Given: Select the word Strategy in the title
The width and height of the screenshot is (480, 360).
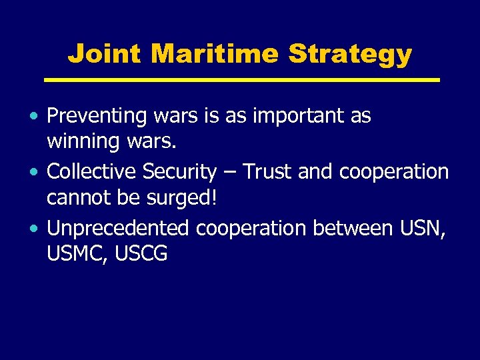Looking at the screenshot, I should [x=350, y=54].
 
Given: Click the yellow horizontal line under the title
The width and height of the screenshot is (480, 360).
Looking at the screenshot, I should [x=241, y=80].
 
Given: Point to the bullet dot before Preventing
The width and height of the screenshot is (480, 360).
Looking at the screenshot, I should [x=35, y=117].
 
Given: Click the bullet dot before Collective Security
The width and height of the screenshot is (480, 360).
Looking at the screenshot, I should [x=35, y=173].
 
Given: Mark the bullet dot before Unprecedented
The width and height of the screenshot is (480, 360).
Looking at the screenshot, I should [x=35, y=229].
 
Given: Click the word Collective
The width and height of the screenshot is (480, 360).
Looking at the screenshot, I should [x=92, y=172].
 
